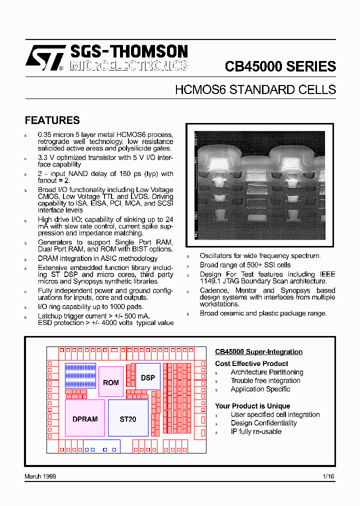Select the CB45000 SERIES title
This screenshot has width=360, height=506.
(x=280, y=66)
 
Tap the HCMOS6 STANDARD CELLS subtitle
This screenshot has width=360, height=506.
(x=255, y=90)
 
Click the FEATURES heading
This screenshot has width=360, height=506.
(x=52, y=120)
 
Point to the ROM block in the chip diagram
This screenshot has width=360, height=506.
(x=111, y=382)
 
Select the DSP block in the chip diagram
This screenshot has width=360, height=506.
(x=148, y=377)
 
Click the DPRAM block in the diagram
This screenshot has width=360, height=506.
(x=85, y=419)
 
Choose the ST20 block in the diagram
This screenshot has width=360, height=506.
(x=128, y=419)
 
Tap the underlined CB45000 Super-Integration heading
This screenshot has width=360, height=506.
(x=258, y=352)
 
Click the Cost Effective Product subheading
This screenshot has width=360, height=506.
(x=251, y=363)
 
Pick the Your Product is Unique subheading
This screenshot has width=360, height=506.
(x=252, y=406)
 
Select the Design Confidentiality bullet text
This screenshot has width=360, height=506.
(x=263, y=423)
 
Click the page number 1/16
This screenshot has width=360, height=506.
(x=328, y=476)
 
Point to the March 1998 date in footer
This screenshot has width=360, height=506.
(x=40, y=476)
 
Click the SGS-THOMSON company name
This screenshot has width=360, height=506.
(x=128, y=51)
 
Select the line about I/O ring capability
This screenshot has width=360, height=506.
(x=90, y=306)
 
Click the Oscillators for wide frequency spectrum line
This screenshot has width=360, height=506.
(x=260, y=256)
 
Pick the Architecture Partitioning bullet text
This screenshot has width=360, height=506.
(x=266, y=372)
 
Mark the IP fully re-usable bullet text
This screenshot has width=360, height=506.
(x=256, y=431)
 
